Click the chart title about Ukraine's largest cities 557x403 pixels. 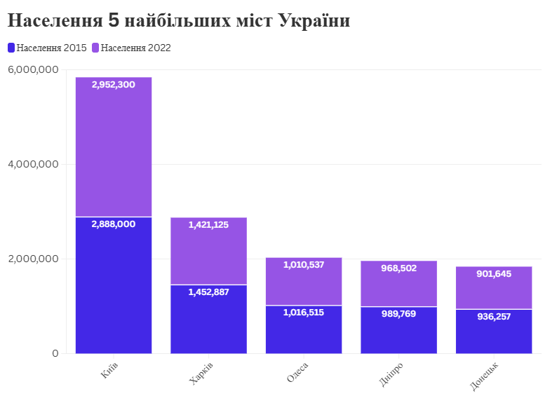(x=179, y=21)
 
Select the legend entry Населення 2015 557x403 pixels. (x=47, y=48)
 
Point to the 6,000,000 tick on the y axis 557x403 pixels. (x=33, y=70)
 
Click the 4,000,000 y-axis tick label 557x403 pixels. (x=33, y=165)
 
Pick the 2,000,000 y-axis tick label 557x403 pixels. (x=33, y=259)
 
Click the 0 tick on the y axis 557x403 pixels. (x=55, y=354)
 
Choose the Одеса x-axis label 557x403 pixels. (x=297, y=372)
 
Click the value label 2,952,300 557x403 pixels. (x=114, y=85)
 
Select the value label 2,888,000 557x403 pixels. (x=114, y=224)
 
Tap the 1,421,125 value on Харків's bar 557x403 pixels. (x=208, y=225)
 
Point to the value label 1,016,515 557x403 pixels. (x=304, y=313)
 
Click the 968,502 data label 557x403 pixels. (x=398, y=268)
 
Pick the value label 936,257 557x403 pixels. (x=494, y=317)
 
